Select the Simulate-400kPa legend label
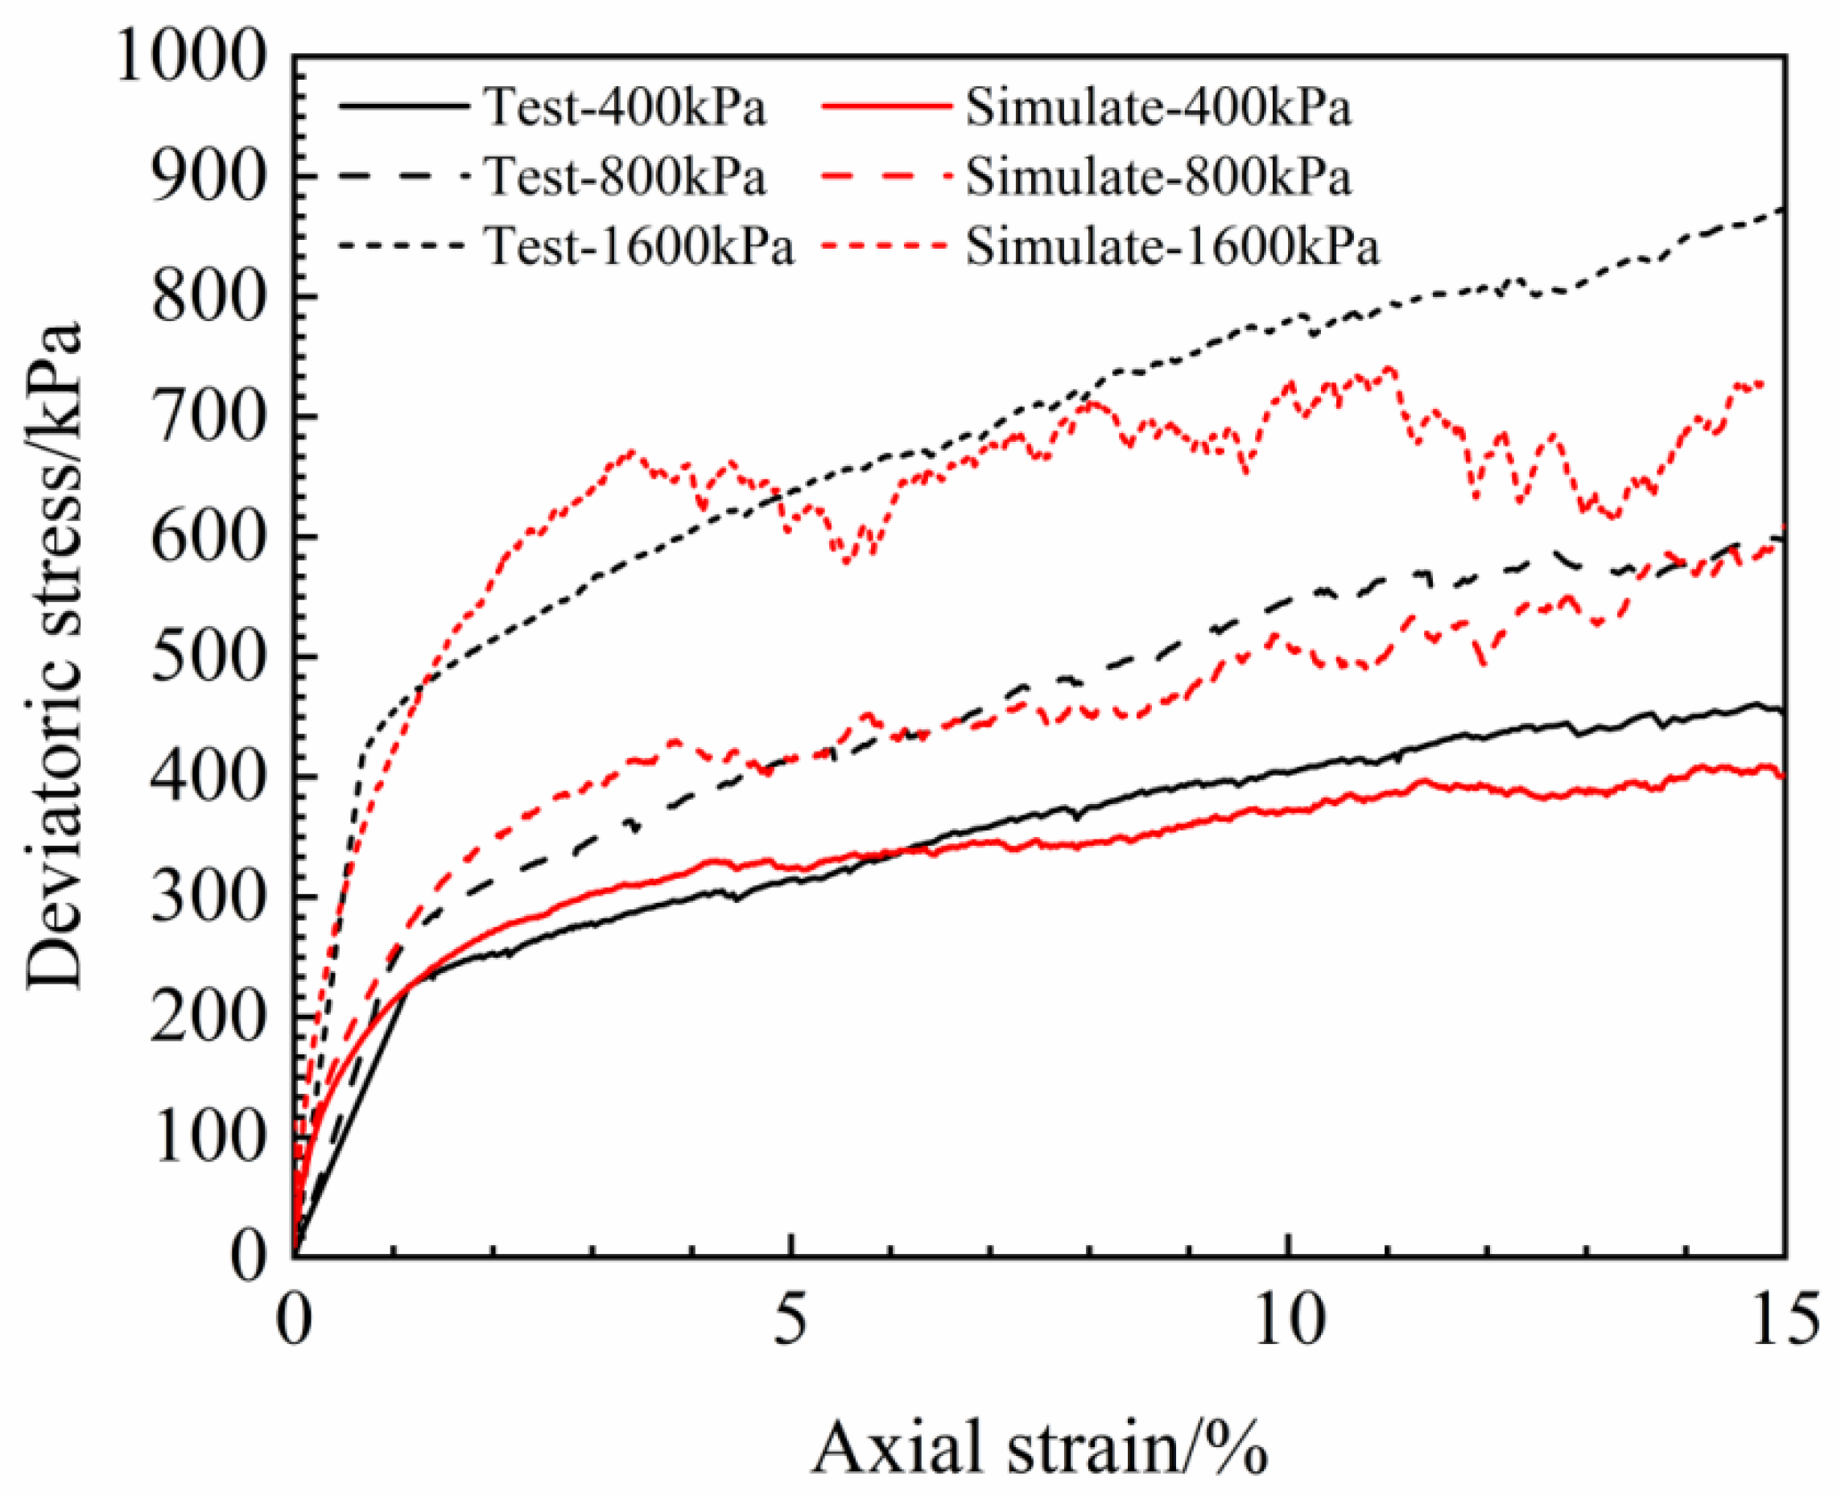(x=1158, y=109)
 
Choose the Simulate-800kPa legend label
(x=1158, y=178)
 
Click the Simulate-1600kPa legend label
(x=1172, y=246)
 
